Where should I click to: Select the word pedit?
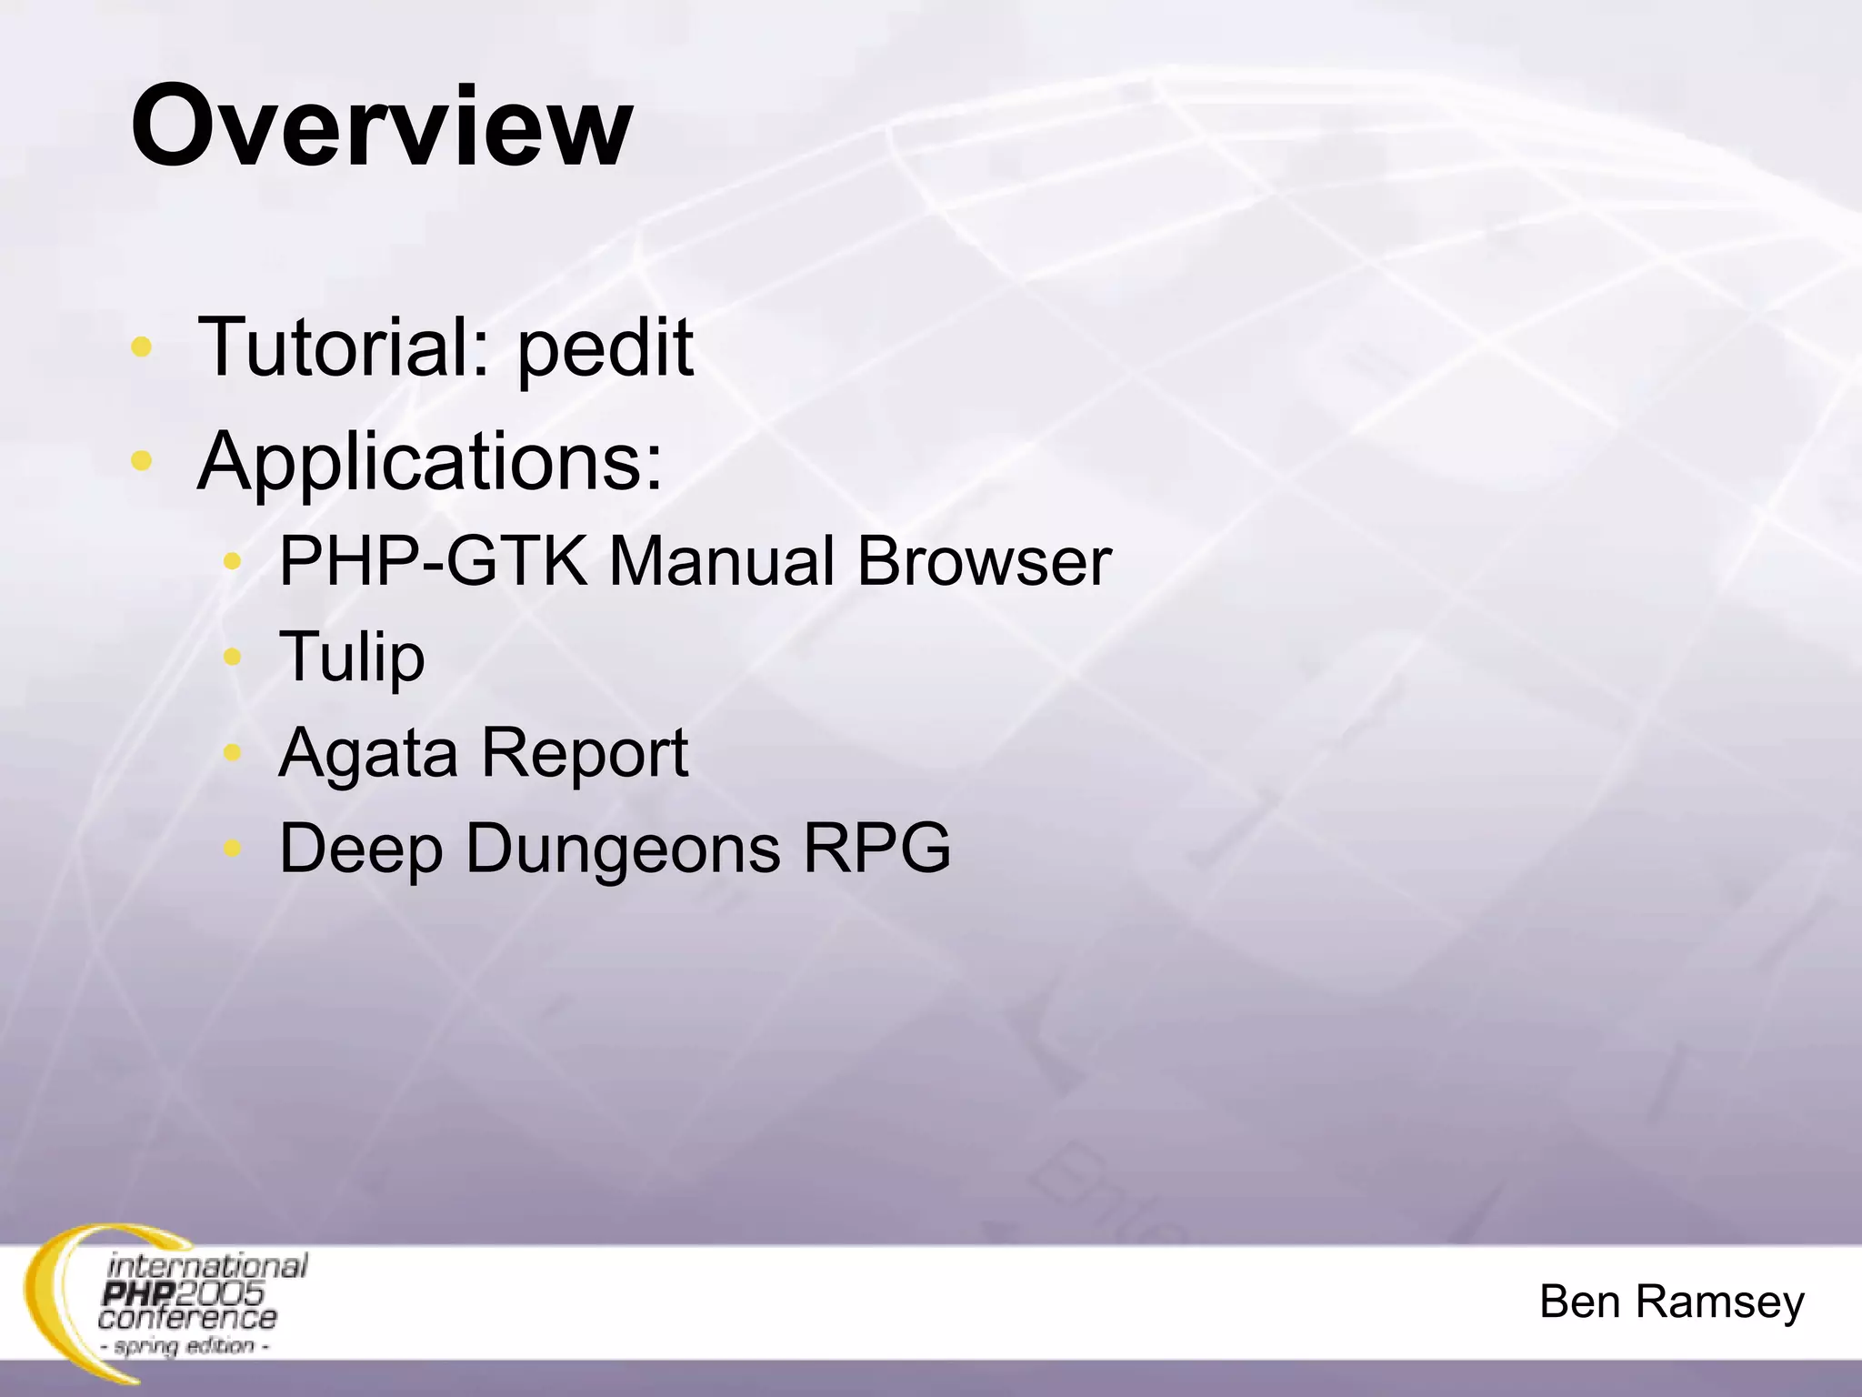click(605, 348)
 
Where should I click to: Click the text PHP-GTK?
click(433, 561)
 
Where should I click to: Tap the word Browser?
click(984, 561)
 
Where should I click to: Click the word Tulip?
click(351, 657)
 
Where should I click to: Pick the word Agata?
click(368, 754)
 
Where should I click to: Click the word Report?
click(584, 754)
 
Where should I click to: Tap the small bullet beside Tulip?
click(233, 657)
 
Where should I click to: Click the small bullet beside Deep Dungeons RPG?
click(233, 849)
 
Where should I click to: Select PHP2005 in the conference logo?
click(182, 1292)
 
